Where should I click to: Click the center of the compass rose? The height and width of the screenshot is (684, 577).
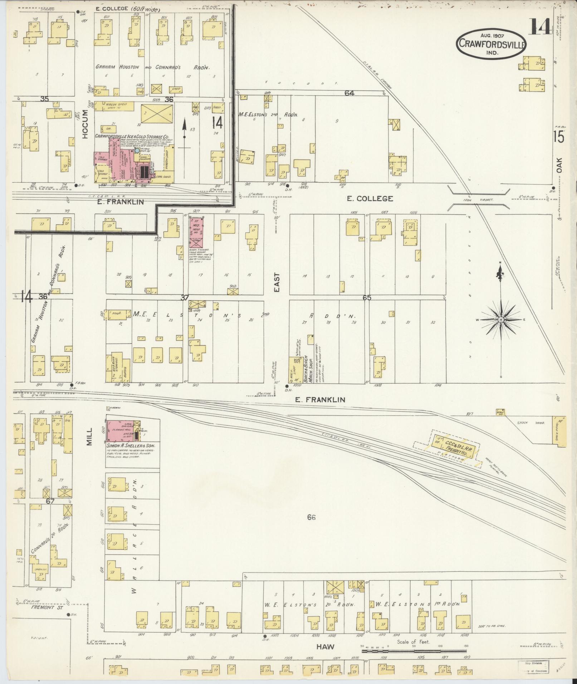click(x=501, y=319)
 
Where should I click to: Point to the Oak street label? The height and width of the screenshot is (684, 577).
click(x=559, y=166)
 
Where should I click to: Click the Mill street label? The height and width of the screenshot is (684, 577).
click(x=89, y=437)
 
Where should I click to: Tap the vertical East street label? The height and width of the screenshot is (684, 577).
click(x=277, y=283)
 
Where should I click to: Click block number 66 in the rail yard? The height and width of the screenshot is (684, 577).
click(x=311, y=517)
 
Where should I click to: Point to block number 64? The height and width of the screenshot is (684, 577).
click(x=349, y=93)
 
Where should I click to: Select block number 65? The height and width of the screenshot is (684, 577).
click(x=367, y=297)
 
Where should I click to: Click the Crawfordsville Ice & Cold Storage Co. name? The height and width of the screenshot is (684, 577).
click(x=132, y=136)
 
